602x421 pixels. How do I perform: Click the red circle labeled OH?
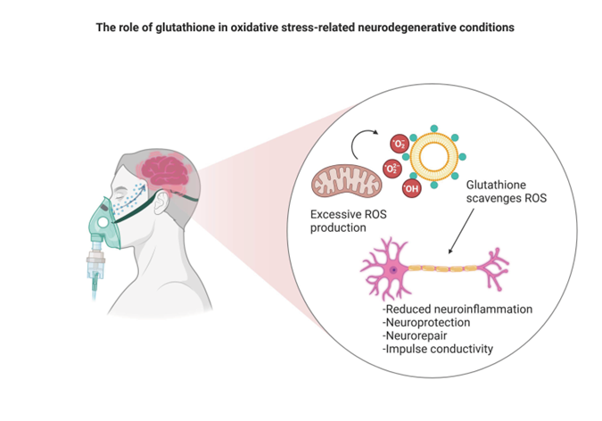411,188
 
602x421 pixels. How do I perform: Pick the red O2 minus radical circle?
400,144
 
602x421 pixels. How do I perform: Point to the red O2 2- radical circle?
392,169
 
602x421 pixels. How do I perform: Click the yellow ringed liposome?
434,157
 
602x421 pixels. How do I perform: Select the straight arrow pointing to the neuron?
461,231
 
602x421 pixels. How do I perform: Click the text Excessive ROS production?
348,221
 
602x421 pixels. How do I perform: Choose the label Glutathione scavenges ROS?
507,191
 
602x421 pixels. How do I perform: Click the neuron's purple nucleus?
393,270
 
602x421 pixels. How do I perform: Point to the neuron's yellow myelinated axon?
442,268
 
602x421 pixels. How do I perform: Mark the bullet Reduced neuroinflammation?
458,310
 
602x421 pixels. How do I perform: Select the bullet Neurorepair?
415,335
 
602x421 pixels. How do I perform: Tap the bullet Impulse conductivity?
438,349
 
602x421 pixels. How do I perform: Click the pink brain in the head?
165,172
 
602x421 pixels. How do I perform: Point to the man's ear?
161,202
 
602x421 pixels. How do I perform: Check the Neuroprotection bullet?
426,322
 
